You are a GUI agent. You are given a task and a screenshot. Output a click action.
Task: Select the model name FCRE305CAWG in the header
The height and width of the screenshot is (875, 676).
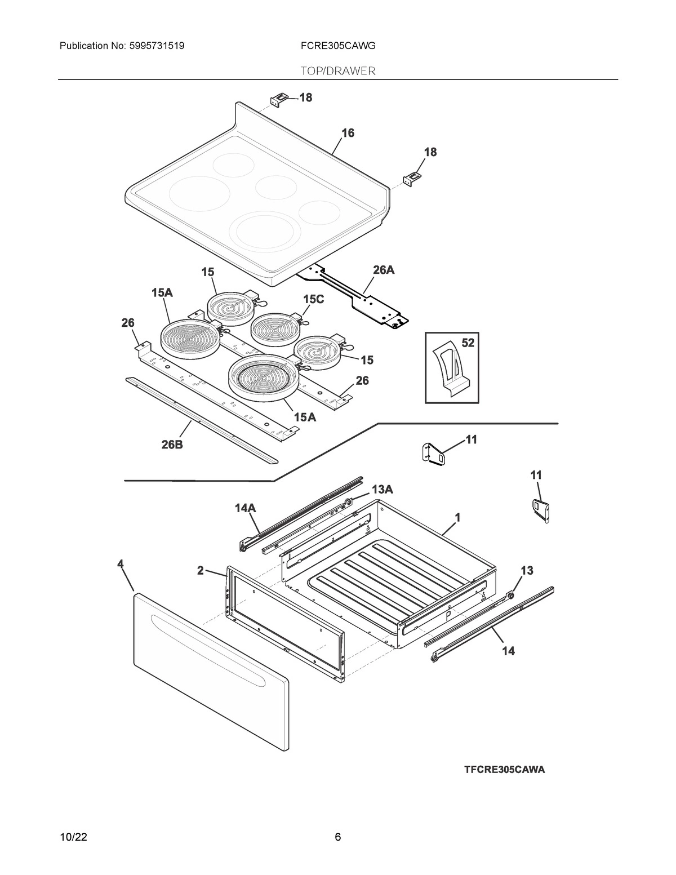pyautogui.click(x=338, y=45)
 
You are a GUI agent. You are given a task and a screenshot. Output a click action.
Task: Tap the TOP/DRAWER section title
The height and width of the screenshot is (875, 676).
pyautogui.click(x=338, y=71)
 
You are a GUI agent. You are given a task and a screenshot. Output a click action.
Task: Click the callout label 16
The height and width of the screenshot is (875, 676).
pyautogui.click(x=348, y=133)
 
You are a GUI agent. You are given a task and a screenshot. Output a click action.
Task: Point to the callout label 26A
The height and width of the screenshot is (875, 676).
pyautogui.click(x=384, y=270)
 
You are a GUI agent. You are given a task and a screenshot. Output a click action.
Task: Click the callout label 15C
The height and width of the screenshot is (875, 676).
pyautogui.click(x=313, y=299)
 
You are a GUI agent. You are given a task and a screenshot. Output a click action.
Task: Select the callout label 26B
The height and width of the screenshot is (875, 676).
pyautogui.click(x=171, y=445)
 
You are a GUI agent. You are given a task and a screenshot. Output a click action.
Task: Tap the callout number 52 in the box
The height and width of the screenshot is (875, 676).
pyautogui.click(x=468, y=343)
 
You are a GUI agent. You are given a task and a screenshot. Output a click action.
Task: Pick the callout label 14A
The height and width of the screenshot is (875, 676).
pyautogui.click(x=245, y=508)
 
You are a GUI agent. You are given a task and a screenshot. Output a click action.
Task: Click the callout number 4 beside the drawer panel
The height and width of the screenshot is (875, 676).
pyautogui.click(x=120, y=563)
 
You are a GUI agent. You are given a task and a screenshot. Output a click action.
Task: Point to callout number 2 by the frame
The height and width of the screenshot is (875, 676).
pyautogui.click(x=200, y=570)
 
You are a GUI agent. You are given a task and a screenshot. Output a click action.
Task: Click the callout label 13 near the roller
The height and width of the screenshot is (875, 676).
pyautogui.click(x=526, y=571)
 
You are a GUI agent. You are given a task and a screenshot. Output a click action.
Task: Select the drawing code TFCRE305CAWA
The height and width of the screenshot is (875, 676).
pyautogui.click(x=504, y=770)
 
